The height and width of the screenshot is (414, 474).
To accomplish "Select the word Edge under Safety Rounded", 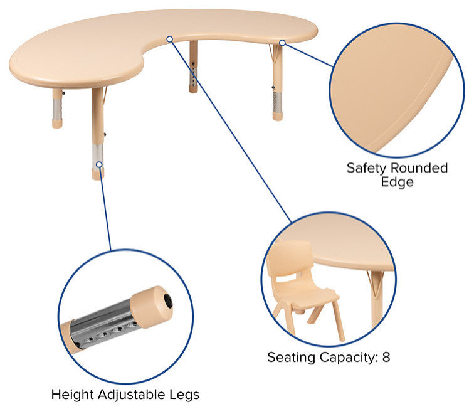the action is pos(397,183).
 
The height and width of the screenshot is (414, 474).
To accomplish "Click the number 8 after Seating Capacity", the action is pos(386,357).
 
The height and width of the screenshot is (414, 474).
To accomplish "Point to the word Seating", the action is pos(292,358).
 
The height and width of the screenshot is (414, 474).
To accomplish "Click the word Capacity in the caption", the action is pos(347,358).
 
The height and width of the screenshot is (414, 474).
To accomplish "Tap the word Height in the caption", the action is pos(73,395).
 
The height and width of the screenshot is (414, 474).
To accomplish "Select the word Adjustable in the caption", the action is pos(132,395).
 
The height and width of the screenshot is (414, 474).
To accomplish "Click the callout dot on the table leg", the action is pos(99,164).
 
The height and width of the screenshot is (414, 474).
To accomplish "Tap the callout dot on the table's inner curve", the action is pos(170,39).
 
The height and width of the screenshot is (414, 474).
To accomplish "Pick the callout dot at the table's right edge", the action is pos(282,43).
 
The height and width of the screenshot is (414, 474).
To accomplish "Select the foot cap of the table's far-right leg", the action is pos(278,117).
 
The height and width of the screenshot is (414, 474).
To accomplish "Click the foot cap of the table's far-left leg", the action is pos(57,124).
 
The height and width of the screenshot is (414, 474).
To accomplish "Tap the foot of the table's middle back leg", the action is pos(194,89).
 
